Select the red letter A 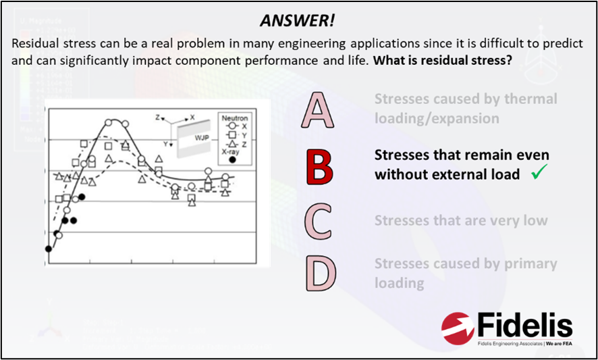(319, 111)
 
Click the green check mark (538, 174)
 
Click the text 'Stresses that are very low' (461, 221)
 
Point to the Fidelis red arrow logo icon (458, 329)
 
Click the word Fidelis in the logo (524, 326)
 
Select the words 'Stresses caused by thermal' (466, 99)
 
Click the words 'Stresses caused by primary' (466, 264)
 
